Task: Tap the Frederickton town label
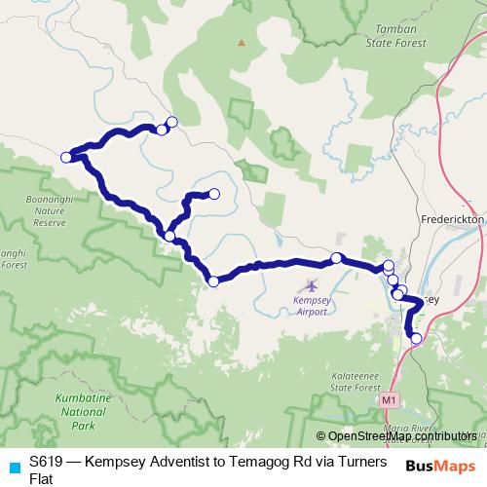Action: point(452,220)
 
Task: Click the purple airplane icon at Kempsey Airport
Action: point(311,286)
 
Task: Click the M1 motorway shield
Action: point(390,399)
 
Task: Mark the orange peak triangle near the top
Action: point(241,42)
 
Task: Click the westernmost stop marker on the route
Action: point(66,157)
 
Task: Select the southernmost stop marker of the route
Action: point(417,339)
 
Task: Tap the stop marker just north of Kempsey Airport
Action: point(336,258)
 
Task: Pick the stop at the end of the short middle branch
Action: point(214,194)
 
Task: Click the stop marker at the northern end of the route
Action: point(172,122)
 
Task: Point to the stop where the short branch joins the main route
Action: point(170,236)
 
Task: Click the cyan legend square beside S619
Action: point(11,462)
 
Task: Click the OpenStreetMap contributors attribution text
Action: point(401,436)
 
